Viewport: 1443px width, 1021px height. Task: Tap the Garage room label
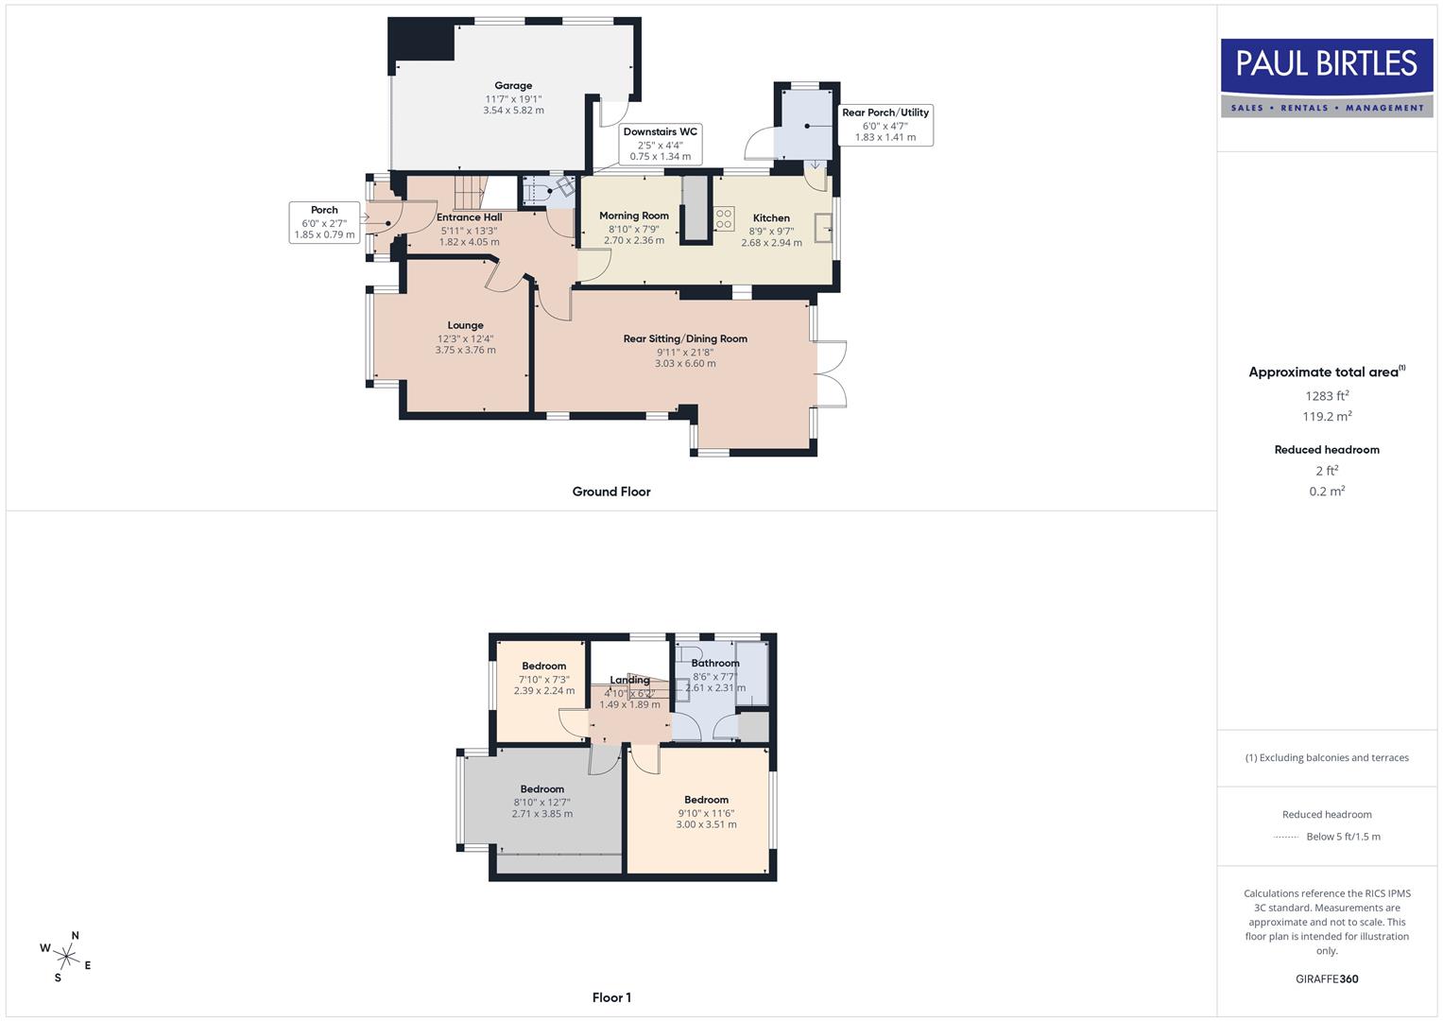click(513, 86)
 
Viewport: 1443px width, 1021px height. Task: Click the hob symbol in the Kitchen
click(724, 219)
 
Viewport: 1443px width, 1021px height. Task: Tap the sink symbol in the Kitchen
click(823, 228)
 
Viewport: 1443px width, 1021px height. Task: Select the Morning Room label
click(634, 216)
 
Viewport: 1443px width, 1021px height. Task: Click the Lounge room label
click(466, 325)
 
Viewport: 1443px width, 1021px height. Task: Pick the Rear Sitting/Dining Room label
click(685, 338)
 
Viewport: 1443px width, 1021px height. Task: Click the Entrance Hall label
click(470, 217)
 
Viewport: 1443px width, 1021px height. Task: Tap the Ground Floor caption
click(611, 492)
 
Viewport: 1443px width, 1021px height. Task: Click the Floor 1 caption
click(611, 997)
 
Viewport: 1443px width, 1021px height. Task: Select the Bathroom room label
click(715, 664)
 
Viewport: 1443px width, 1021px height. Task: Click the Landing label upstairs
click(629, 680)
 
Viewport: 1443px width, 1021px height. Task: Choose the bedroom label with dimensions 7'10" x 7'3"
click(544, 666)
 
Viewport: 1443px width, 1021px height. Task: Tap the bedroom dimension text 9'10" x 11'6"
click(706, 813)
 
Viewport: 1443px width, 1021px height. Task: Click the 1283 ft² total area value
click(1327, 396)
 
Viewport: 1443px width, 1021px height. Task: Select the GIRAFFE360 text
click(1327, 978)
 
